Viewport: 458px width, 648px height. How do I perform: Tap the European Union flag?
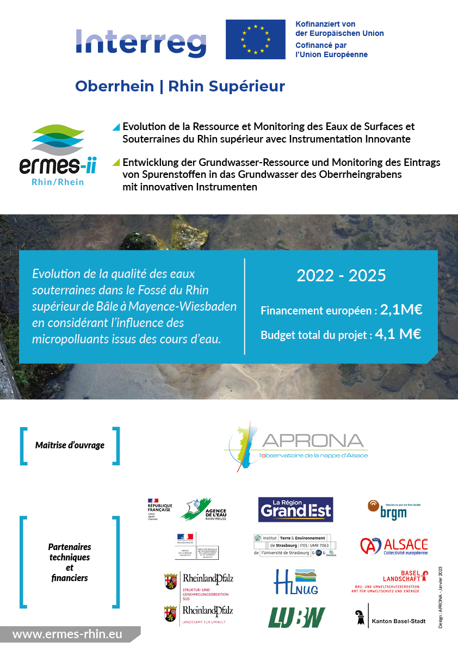pos(255,39)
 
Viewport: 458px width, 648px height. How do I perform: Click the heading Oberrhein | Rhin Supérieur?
pos(180,86)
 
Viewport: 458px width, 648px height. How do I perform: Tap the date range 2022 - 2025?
pos(341,275)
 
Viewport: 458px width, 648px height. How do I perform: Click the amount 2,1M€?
pos(401,310)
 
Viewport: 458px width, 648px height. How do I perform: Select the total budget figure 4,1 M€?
pos(398,334)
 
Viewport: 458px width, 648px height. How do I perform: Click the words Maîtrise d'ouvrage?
pos(70,445)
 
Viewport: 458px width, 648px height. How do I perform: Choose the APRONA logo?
pos(296,445)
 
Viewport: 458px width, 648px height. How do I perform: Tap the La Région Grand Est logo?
pos(295,509)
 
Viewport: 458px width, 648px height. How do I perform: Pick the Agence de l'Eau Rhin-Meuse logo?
pos(201,510)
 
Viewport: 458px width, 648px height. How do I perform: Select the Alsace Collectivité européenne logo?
pos(394,546)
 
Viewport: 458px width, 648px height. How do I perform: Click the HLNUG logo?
pos(296,581)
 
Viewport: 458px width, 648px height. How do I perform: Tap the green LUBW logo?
pos(296,617)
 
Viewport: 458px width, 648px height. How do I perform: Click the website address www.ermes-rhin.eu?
pos(67,634)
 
